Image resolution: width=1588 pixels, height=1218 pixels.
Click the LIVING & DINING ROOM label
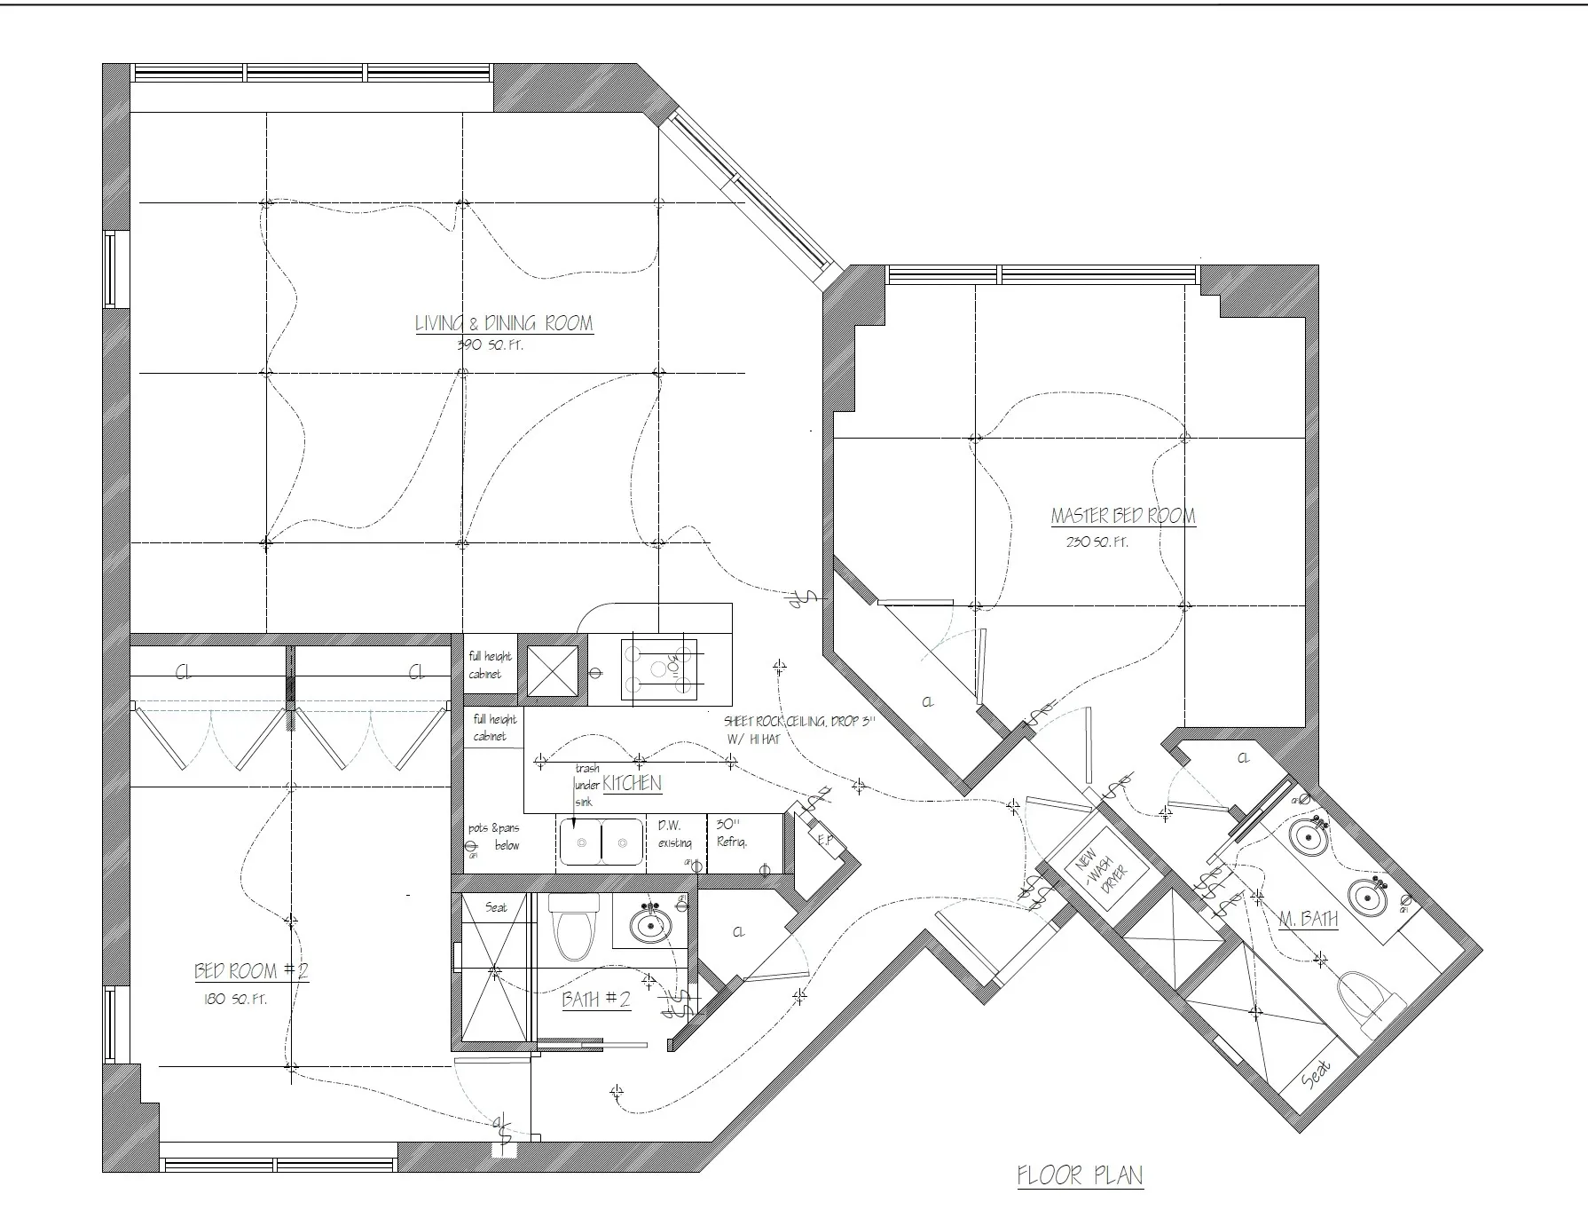[x=504, y=323]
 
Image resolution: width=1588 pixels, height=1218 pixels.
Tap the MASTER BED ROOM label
[x=1122, y=516]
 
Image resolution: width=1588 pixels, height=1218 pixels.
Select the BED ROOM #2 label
[x=251, y=971]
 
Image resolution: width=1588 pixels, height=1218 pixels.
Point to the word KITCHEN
[x=632, y=783]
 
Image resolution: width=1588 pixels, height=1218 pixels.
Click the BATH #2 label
[x=596, y=1000]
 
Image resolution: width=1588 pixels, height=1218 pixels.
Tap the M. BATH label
[x=1309, y=920]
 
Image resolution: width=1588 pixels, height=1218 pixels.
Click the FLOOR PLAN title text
[x=1080, y=1176]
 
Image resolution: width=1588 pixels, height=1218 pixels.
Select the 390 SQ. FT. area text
[x=490, y=345]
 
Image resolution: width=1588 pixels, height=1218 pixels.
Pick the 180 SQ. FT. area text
[x=235, y=999]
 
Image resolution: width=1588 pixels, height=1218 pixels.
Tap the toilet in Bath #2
[x=571, y=928]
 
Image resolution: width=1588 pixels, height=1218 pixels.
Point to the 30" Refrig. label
[x=732, y=834]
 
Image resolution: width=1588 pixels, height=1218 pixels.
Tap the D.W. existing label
[x=674, y=834]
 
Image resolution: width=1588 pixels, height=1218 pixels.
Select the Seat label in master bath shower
[x=1317, y=1075]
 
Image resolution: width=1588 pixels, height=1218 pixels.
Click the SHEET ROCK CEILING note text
[x=798, y=729]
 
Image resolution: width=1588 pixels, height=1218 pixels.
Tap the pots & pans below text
[x=494, y=836]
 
